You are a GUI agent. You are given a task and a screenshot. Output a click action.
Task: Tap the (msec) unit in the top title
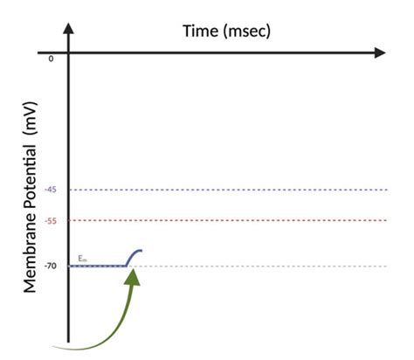tap(249, 31)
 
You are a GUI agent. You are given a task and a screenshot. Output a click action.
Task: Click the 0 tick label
tap(51, 59)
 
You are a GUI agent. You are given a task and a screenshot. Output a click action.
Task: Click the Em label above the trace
tap(82, 258)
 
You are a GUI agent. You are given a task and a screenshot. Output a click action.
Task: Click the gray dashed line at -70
tap(262, 265)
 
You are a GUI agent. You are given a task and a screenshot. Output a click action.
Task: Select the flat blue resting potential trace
tap(96, 265)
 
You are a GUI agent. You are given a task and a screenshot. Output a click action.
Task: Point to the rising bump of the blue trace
tap(134, 255)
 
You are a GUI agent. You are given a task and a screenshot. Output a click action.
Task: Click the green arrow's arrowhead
tap(132, 276)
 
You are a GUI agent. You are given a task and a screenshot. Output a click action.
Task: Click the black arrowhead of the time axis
tap(378, 52)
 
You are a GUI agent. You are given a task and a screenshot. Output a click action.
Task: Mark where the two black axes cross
tap(68, 52)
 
